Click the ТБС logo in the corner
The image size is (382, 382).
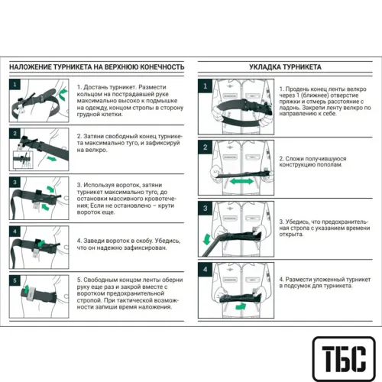[344, 358]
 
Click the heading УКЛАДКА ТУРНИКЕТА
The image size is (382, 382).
[285, 67]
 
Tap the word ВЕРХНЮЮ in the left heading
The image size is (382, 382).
[121, 67]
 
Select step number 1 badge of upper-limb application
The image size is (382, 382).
[15, 84]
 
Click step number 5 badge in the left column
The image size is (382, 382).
[15, 280]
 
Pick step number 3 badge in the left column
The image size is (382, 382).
[15, 183]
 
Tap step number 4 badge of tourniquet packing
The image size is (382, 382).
[206, 270]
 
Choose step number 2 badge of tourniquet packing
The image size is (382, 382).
[206, 147]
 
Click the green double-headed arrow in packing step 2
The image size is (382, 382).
[241, 182]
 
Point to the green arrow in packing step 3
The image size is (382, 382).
[206, 239]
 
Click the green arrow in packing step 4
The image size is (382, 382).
[241, 306]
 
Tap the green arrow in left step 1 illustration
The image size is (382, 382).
[63, 94]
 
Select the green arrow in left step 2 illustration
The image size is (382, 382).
[52, 159]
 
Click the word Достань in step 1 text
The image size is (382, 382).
[98, 87]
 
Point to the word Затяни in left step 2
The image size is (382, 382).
[93, 137]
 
